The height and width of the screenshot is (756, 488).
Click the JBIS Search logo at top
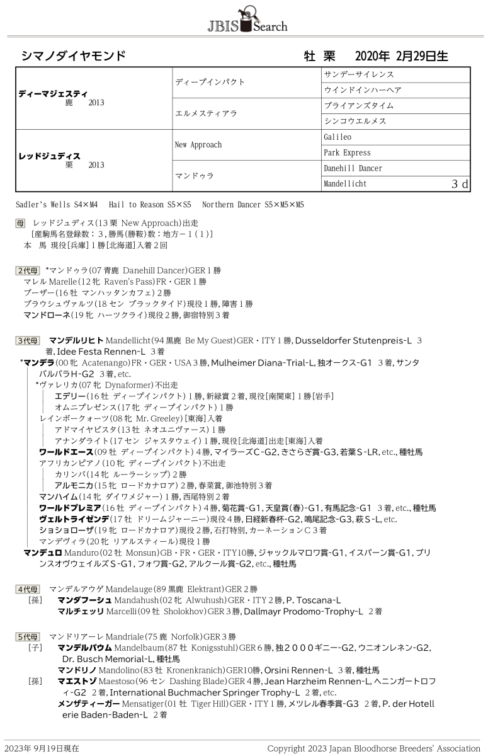tap(247, 21)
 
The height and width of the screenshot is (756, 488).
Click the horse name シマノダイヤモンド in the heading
tap(73, 56)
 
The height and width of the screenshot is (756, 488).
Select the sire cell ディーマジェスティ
tap(53, 93)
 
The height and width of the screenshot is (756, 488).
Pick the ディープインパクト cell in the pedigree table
tap(210, 82)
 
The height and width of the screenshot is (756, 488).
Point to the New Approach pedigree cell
tap(198, 144)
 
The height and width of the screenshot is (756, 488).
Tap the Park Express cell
tap(347, 152)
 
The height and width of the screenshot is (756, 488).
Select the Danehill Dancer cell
tap(353, 168)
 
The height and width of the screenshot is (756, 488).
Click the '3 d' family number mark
tap(460, 184)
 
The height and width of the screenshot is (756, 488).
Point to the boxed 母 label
tap(21, 223)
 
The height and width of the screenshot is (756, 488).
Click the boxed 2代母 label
tap(27, 270)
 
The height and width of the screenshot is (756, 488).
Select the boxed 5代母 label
tap(27, 636)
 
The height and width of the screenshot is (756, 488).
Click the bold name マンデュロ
tap(42, 553)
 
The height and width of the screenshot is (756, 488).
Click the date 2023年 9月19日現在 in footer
tap(47, 748)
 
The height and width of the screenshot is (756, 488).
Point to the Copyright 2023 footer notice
tap(373, 748)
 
